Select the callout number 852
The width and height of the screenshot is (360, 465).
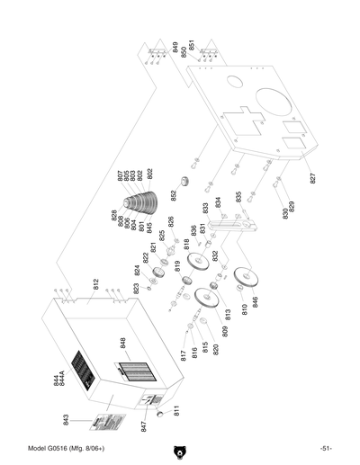coord(175,195)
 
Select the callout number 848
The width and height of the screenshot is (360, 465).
coord(124,343)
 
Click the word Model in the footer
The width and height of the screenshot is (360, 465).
coord(38,449)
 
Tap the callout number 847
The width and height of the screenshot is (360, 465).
coord(143,426)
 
